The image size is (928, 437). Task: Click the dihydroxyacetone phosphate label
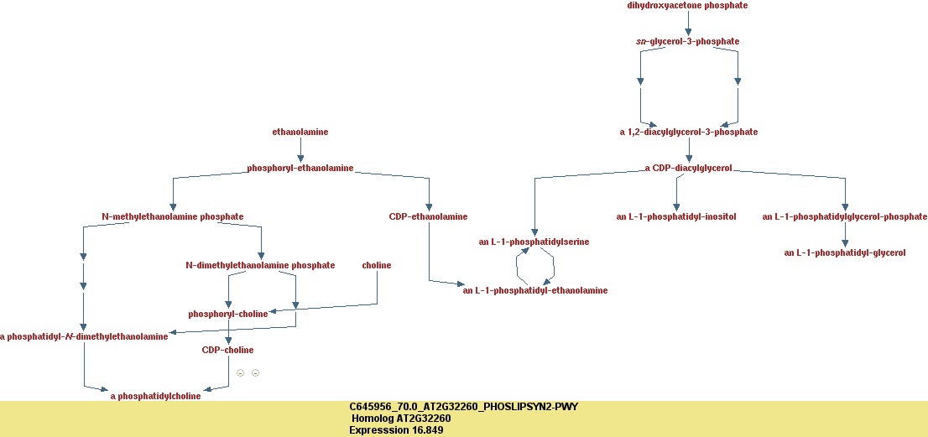687,6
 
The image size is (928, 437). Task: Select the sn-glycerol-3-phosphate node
688,41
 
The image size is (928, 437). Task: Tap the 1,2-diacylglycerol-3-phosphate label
688,132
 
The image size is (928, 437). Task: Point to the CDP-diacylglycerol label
688,168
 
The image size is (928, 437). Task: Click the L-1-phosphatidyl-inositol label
675,216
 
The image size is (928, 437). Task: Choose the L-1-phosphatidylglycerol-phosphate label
844,216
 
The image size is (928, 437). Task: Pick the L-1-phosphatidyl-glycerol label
844,252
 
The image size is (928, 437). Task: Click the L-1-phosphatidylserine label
534,242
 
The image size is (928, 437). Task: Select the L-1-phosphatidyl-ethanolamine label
534,290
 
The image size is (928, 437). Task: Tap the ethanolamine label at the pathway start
300,132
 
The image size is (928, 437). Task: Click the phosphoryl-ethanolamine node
300,168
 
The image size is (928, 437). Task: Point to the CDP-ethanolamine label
428,216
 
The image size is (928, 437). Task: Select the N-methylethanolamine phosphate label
172,216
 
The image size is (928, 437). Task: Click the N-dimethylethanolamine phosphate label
260,265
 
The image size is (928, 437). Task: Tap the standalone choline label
377,265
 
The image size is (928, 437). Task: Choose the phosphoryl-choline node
228,314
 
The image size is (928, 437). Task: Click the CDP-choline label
227,350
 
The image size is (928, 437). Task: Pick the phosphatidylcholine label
155,396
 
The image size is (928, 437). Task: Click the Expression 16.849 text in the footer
395,430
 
